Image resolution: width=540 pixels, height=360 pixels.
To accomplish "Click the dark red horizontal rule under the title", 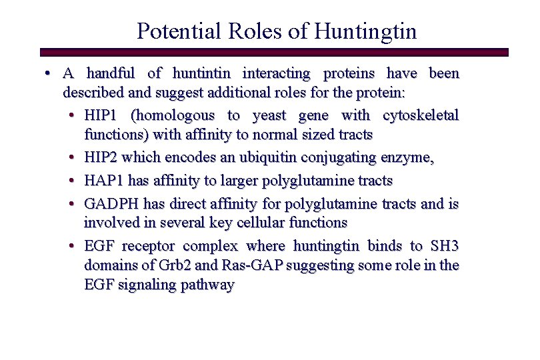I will (274, 52).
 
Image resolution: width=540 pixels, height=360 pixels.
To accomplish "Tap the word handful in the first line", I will (111, 73).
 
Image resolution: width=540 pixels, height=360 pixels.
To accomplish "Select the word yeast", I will (271, 115).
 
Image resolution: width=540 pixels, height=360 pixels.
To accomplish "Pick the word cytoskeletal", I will (421, 115).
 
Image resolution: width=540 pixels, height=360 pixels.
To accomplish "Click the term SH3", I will (444, 246).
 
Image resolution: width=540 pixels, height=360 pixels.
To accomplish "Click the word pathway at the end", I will (207, 285).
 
